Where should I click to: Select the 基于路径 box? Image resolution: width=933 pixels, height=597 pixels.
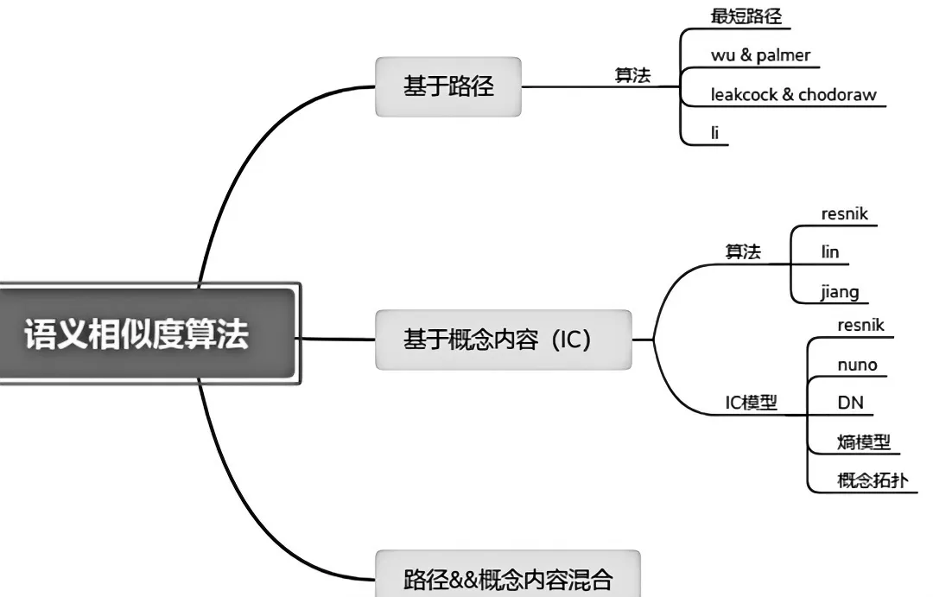[448, 86]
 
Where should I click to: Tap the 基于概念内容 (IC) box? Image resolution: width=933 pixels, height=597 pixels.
[504, 340]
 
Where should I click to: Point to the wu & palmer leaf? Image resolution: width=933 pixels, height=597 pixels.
[760, 55]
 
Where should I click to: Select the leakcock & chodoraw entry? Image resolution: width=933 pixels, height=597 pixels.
[793, 94]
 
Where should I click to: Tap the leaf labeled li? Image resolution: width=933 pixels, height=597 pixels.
[714, 133]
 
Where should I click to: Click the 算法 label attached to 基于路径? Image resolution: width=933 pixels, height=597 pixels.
[632, 75]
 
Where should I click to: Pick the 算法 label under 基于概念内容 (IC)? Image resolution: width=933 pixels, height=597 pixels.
[743, 251]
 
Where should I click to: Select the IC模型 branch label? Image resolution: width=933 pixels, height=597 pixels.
[751, 403]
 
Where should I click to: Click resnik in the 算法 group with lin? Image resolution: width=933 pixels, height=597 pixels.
[844, 214]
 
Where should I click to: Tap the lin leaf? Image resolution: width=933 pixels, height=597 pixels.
[830, 252]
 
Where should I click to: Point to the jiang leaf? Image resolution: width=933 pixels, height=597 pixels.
[840, 291]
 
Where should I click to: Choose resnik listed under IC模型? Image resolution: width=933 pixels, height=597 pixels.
[860, 325]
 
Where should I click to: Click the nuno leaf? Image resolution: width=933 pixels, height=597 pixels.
[857, 365]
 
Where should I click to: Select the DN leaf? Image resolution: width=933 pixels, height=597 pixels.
[850, 403]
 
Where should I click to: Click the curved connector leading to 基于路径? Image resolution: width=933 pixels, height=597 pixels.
[238, 164]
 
